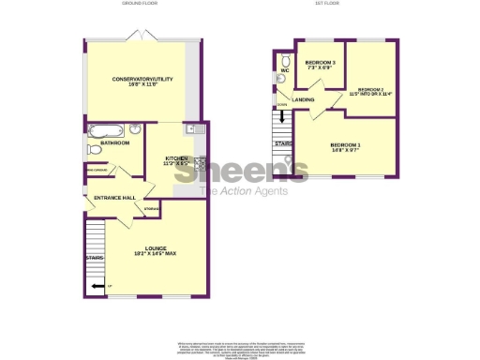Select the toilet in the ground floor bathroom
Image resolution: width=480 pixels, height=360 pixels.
coord(94,149)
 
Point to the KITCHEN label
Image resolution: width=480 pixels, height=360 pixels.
coord(177,158)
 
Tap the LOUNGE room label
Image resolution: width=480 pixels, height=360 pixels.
coord(142,247)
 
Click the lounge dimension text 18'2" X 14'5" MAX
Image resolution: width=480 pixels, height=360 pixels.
coord(142,254)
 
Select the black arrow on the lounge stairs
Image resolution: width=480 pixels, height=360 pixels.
coord(98,286)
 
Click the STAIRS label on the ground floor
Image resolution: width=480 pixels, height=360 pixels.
coord(94,256)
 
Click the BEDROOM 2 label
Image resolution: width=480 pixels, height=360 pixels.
coord(370,89)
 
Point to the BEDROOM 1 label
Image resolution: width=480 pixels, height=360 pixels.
coord(345,144)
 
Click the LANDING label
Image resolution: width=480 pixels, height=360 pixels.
coord(304,99)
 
